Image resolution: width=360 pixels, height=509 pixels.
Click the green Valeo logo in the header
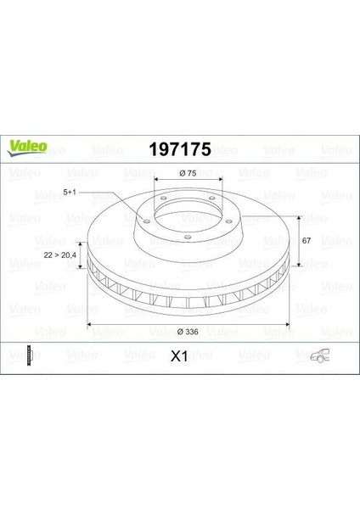[27, 148]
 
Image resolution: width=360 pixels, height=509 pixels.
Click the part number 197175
[180, 149]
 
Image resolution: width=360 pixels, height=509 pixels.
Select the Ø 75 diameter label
[188, 173]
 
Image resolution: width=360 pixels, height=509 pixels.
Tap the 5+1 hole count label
[70, 193]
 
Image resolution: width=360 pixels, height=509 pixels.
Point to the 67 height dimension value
[307, 241]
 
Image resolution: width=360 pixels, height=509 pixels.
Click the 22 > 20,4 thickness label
[59, 255]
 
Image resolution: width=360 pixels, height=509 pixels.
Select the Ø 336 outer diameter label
[188, 332]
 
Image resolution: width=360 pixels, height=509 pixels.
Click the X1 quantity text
[179, 357]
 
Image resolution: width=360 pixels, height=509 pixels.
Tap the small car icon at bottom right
[320, 355]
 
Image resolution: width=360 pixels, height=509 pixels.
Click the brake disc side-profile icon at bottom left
[31, 355]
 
